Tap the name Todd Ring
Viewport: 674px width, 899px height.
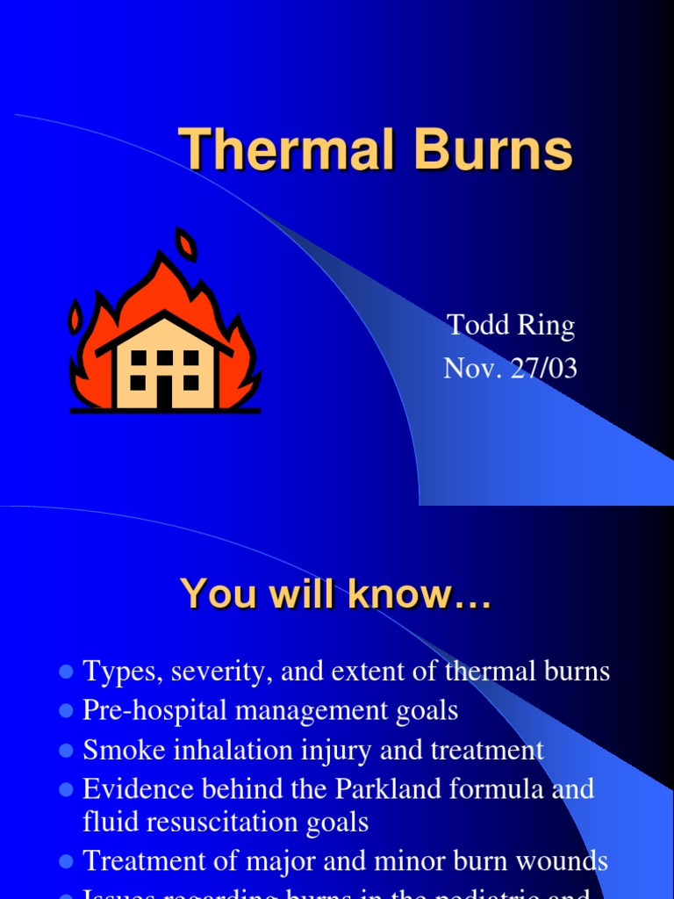(511, 326)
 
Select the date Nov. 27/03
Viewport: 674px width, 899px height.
(511, 368)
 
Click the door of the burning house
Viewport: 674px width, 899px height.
(164, 392)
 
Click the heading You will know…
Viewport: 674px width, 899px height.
(336, 595)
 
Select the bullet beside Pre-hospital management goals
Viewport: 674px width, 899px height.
(65, 711)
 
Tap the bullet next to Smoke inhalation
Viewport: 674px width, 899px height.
(65, 752)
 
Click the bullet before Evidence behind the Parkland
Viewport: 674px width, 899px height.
(65, 790)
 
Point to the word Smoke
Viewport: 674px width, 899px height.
(122, 751)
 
